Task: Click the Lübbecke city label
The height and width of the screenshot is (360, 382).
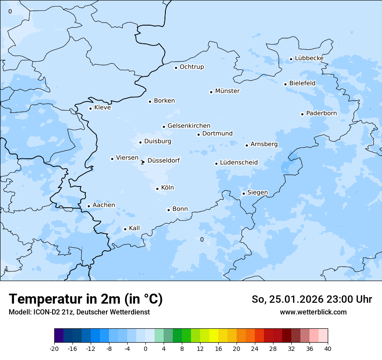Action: pyautogui.click(x=309, y=58)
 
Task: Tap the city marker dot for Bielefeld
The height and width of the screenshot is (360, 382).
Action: pyautogui.click(x=286, y=84)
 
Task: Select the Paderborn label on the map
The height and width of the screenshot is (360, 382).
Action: pyautogui.click(x=321, y=113)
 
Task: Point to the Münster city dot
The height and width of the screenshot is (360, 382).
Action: pyautogui.click(x=211, y=92)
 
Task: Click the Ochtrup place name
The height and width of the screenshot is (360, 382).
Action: pyautogui.click(x=191, y=67)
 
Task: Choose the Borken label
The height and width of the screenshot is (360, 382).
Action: pyautogui.click(x=164, y=101)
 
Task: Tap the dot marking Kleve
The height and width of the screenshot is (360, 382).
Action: pyautogui.click(x=91, y=108)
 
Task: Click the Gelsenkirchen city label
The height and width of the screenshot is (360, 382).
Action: pyautogui.click(x=189, y=126)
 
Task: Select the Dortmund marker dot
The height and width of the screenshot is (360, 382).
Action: pyautogui.click(x=199, y=134)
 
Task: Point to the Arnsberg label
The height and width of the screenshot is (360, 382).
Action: pyautogui.click(x=264, y=144)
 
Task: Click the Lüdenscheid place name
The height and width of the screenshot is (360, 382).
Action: pyautogui.click(x=239, y=163)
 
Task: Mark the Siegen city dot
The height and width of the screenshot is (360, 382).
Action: pyautogui.click(x=244, y=193)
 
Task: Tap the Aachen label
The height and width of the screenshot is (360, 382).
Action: pyautogui.click(x=104, y=205)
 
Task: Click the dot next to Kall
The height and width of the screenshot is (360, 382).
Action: pyautogui.click(x=125, y=229)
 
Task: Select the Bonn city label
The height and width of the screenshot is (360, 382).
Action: pyautogui.click(x=180, y=209)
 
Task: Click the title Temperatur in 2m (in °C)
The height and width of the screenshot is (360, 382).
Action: pyautogui.click(x=86, y=299)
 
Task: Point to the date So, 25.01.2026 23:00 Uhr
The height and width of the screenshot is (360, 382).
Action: pyautogui.click(x=312, y=300)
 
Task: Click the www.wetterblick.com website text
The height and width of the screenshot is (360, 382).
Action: pyautogui.click(x=313, y=312)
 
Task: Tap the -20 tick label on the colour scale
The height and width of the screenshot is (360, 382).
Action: pyautogui.click(x=54, y=349)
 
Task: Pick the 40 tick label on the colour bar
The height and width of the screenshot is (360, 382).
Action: pyautogui.click(x=328, y=349)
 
